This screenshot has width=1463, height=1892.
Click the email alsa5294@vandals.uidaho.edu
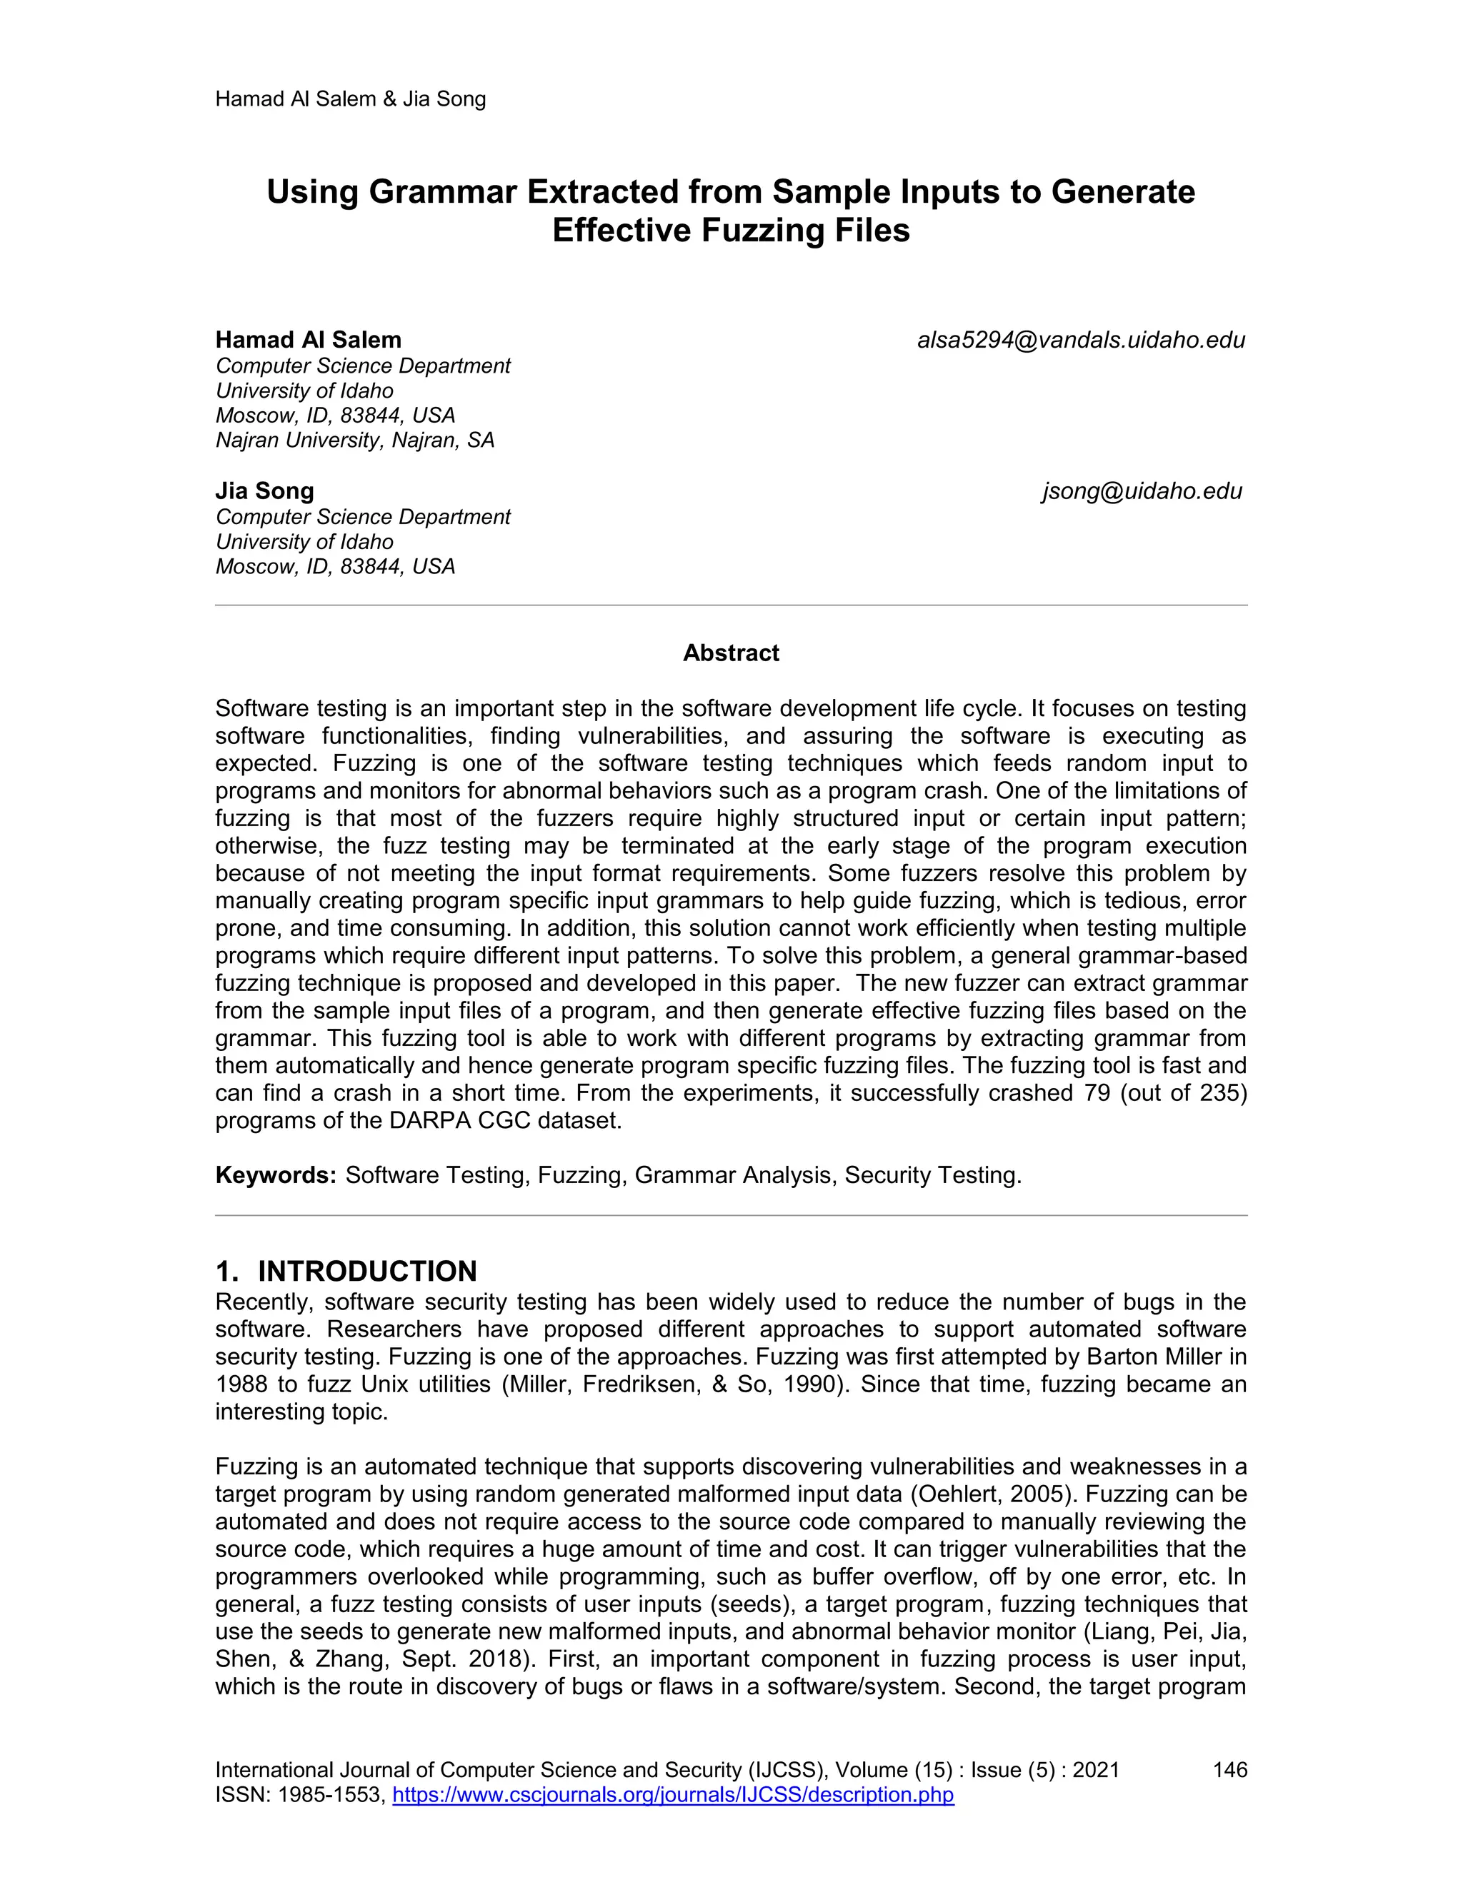tap(1081, 341)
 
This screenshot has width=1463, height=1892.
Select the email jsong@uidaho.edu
tap(1142, 491)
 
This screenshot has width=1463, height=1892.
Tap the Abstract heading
tap(731, 653)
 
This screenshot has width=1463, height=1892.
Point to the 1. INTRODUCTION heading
tap(346, 1271)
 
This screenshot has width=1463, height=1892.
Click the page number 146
tap(1229, 1770)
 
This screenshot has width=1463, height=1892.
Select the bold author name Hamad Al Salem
tap(308, 340)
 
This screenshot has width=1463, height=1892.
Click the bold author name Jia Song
tap(264, 491)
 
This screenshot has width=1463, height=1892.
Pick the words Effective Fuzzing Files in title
tap(731, 231)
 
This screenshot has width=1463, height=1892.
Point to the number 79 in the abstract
tap(1097, 1093)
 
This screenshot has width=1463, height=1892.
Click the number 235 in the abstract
tap(1220, 1093)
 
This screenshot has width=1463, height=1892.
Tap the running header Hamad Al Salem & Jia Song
tap(350, 99)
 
